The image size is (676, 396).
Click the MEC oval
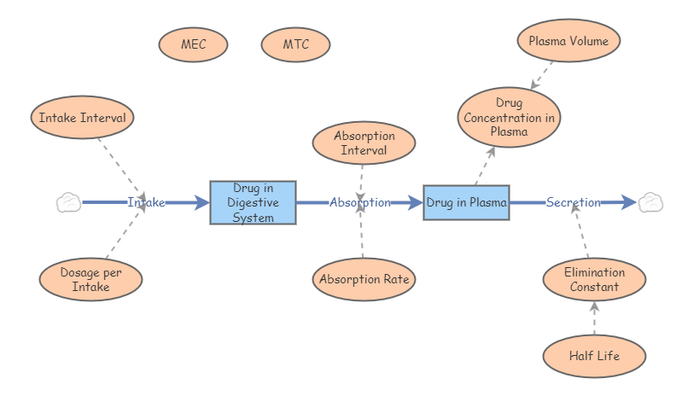tap(193, 44)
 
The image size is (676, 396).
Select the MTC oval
tap(295, 44)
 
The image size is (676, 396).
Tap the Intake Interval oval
tap(82, 118)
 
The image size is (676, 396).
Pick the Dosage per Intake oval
tap(90, 280)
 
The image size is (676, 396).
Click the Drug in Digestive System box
tap(253, 202)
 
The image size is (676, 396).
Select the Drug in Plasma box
tap(466, 202)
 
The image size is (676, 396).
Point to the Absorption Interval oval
tap(364, 143)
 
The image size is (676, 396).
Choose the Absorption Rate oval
tap(364, 279)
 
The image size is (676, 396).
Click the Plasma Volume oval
tap(568, 40)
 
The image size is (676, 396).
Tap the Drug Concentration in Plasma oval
tap(510, 118)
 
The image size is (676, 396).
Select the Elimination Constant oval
tap(594, 279)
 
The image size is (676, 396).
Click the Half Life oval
tap(594, 356)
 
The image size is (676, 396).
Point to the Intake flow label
tap(146, 202)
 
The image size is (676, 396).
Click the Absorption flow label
tap(360, 202)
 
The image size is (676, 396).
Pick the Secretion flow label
tap(574, 202)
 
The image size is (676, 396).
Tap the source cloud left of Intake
tap(68, 202)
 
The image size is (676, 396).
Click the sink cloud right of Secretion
tap(650, 202)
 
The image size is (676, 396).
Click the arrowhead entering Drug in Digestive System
tap(202, 202)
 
